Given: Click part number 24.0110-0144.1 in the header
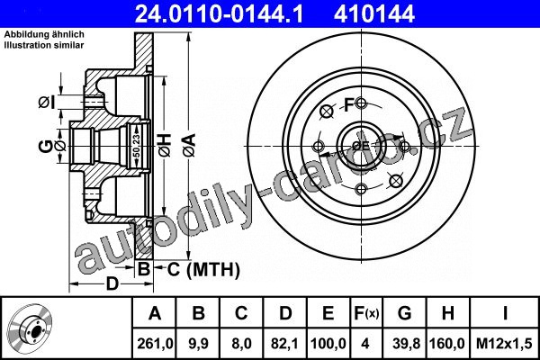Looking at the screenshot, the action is click(x=219, y=14).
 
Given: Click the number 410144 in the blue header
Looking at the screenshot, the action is click(x=374, y=14).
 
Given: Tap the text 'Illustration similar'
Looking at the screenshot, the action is click(x=44, y=45).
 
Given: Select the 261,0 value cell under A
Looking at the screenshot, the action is click(x=155, y=344).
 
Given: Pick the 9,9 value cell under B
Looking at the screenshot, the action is click(x=198, y=344).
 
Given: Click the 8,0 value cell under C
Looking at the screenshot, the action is click(x=241, y=344).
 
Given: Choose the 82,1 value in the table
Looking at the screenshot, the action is click(x=284, y=344).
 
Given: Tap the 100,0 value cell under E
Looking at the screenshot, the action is click(x=328, y=344).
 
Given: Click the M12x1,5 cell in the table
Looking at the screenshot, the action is click(x=504, y=344).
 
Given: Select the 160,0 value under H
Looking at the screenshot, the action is click(x=447, y=344).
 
